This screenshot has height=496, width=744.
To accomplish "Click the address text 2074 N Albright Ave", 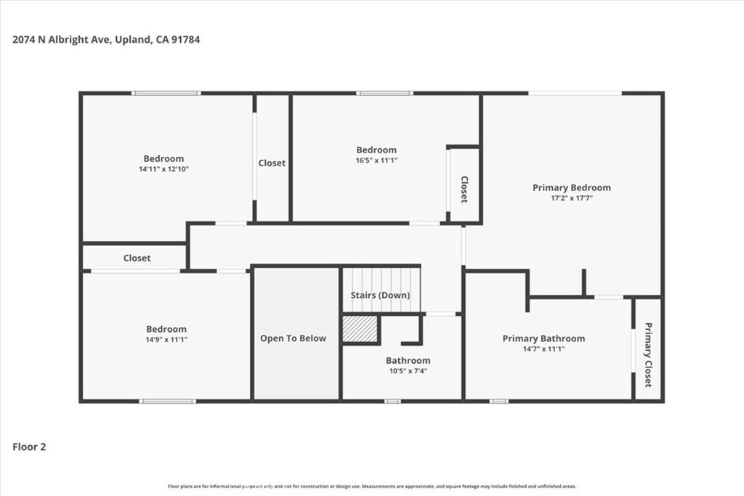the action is (x=62, y=39).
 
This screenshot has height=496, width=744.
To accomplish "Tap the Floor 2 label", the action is (x=29, y=447).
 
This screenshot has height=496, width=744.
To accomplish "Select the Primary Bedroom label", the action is (x=572, y=187).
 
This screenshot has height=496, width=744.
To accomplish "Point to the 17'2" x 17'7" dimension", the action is (x=572, y=198).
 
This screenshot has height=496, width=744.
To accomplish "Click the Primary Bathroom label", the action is (x=543, y=338).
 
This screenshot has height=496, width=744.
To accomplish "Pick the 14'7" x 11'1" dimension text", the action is (x=543, y=349).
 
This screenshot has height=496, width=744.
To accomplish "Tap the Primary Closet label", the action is (x=648, y=354).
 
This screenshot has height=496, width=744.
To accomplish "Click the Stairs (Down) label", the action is (x=380, y=295).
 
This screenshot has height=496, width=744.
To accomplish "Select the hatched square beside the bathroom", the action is (x=360, y=328).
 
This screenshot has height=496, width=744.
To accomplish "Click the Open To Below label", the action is (x=294, y=338).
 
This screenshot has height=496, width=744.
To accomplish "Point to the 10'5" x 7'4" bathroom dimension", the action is (x=408, y=371).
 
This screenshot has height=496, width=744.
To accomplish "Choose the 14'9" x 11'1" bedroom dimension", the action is (x=166, y=340).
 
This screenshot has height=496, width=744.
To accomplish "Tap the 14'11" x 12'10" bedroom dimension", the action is (x=163, y=168).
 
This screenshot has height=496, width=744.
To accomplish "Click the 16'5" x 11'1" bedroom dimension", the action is (x=377, y=160).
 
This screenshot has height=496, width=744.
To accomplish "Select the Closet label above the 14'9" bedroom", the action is (x=137, y=258).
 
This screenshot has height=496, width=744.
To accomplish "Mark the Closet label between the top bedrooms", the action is (x=272, y=163).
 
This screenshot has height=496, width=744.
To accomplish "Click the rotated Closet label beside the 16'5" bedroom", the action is (x=464, y=190).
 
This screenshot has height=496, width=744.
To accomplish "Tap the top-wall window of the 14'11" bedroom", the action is (x=166, y=94).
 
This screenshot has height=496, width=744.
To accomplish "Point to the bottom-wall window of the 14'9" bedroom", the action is (x=168, y=401).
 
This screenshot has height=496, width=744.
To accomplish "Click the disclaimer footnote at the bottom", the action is (x=372, y=486).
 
